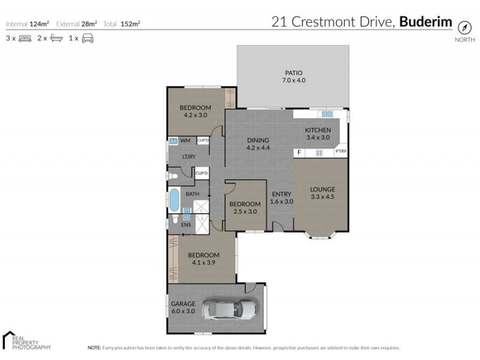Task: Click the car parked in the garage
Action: [229, 309]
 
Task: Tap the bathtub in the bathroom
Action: [173, 199]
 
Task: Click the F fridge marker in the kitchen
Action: [299, 152]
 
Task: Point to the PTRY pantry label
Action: [341, 152]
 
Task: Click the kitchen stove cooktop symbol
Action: [319, 152]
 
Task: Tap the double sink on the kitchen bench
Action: [326, 113]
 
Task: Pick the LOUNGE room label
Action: [322, 190]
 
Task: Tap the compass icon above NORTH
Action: [464, 28]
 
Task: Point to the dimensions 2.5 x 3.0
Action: [245, 211]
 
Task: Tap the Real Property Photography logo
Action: [27, 340]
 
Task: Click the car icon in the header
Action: [87, 38]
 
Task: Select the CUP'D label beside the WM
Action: [203, 140]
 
